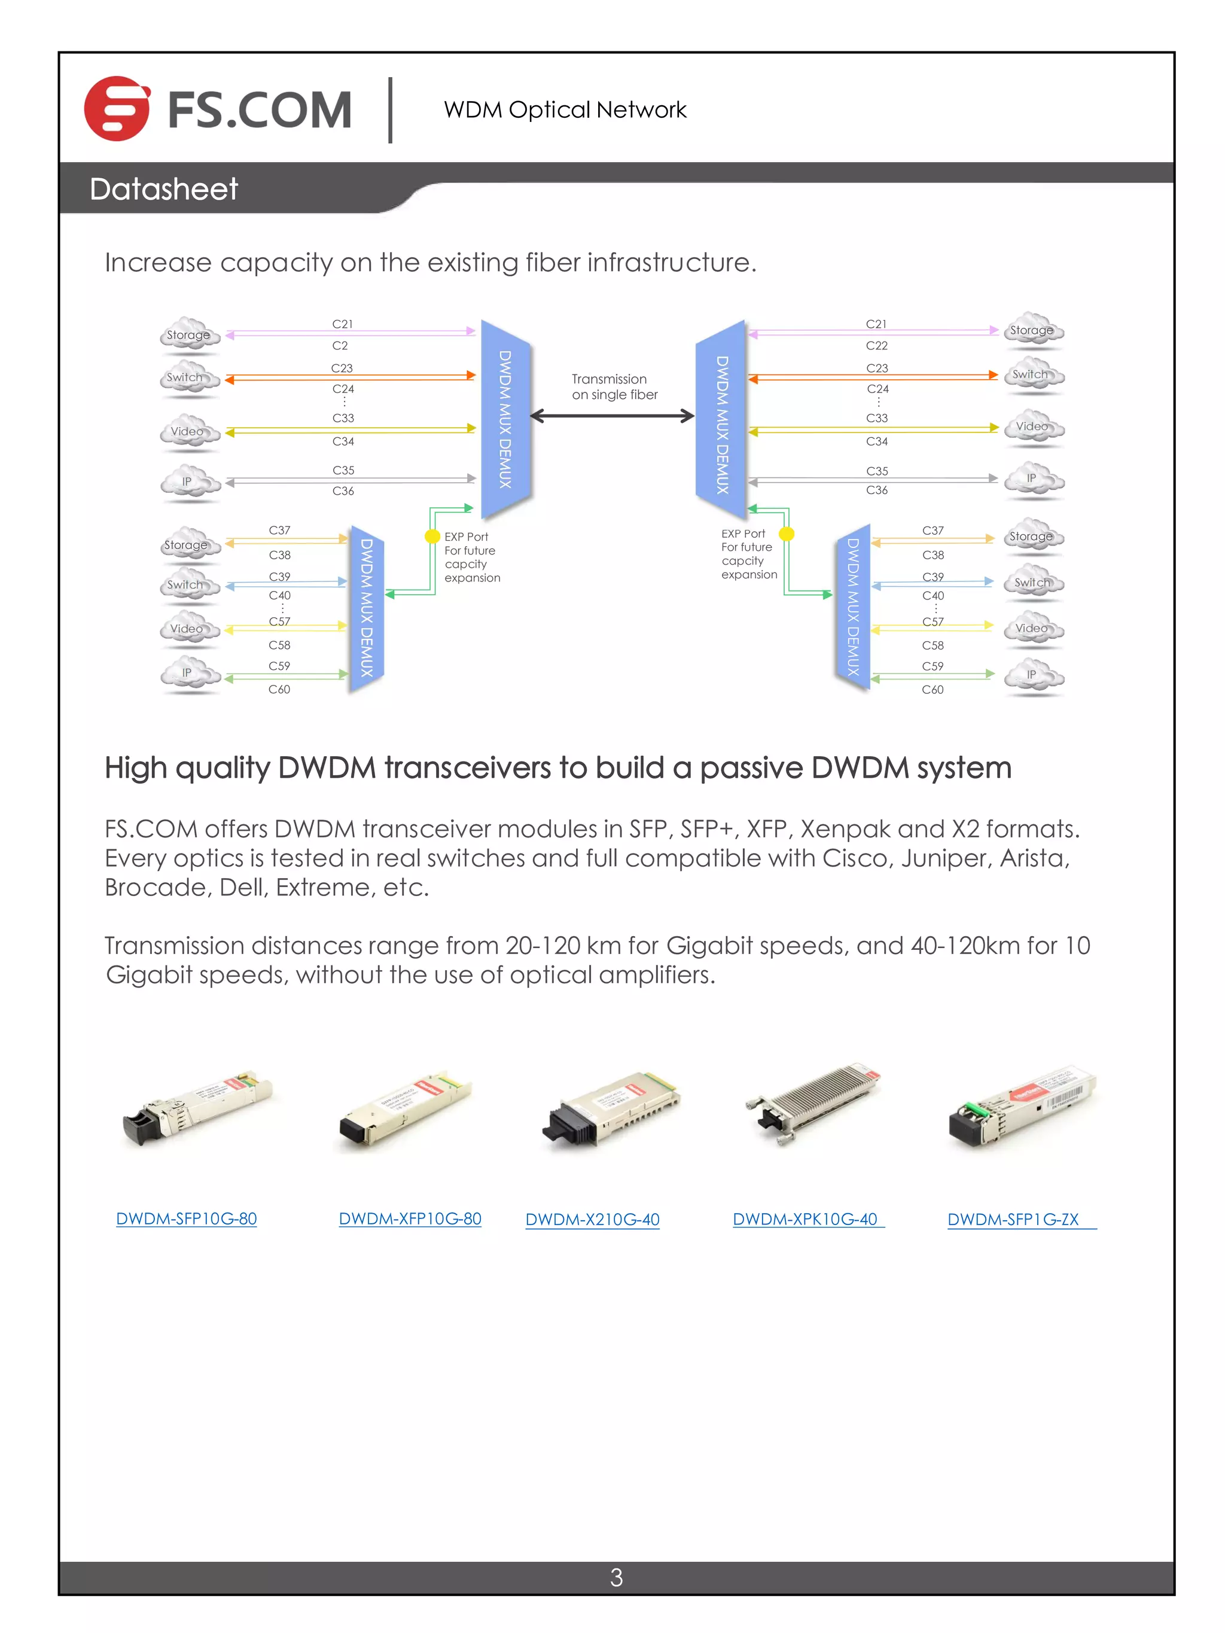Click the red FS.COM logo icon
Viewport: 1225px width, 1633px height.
pyautogui.click(x=117, y=108)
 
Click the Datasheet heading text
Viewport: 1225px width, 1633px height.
pyautogui.click(x=163, y=189)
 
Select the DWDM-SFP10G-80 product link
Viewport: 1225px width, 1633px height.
pyautogui.click(x=186, y=1219)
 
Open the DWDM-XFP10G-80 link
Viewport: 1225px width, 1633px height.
pyautogui.click(x=410, y=1219)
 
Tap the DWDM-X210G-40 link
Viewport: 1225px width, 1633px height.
pyautogui.click(x=592, y=1220)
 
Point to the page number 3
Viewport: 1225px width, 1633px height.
pyautogui.click(x=616, y=1577)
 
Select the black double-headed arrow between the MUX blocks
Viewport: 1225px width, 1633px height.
pyautogui.click(x=612, y=416)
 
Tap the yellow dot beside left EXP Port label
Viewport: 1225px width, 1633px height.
pyautogui.click(x=432, y=536)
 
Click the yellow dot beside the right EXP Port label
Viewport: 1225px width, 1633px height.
pyautogui.click(x=787, y=534)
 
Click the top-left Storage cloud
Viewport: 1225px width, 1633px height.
pyautogui.click(x=189, y=334)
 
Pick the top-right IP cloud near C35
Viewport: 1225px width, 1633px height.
pyautogui.click(x=1033, y=479)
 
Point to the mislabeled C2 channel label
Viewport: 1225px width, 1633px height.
pyautogui.click(x=340, y=346)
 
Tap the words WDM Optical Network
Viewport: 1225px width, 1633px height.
pyautogui.click(x=565, y=109)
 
